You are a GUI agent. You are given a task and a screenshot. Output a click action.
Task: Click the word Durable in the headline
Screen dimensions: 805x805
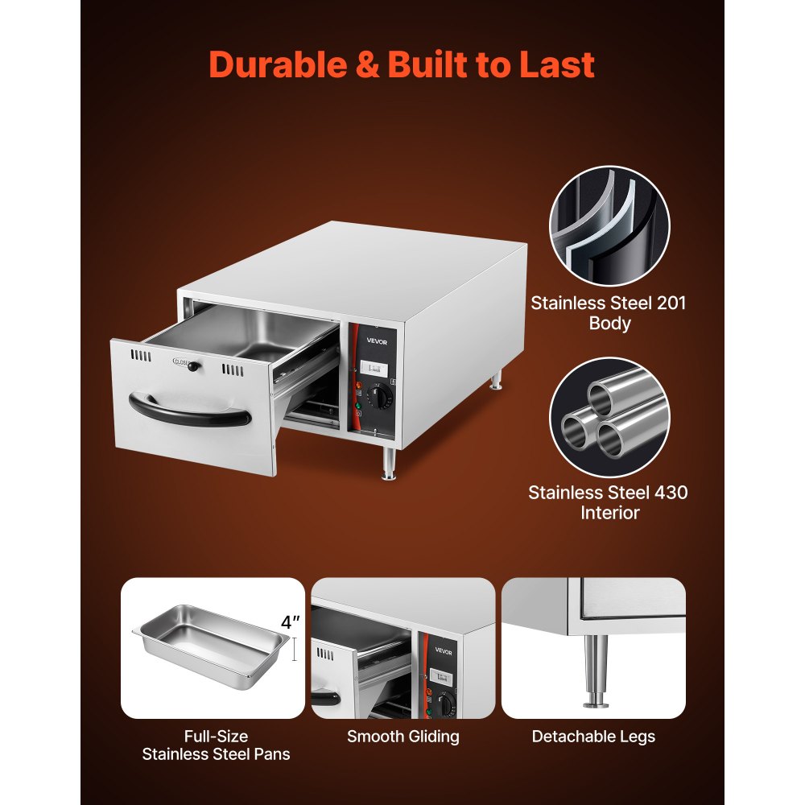point(277,65)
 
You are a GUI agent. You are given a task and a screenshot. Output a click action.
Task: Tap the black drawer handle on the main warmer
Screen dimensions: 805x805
point(190,414)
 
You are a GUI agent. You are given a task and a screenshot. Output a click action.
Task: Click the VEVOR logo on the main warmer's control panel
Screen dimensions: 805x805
point(366,340)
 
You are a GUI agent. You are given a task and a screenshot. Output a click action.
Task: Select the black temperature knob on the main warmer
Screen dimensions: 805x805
point(378,396)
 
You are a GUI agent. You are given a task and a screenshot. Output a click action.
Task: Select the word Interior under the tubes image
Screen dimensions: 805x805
point(609,513)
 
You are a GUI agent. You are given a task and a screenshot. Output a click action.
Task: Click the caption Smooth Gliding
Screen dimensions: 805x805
point(403,736)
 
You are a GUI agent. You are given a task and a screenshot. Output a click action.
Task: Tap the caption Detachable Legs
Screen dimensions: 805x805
point(593,736)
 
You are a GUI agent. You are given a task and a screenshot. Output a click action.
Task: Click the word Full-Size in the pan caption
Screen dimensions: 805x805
point(216,736)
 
